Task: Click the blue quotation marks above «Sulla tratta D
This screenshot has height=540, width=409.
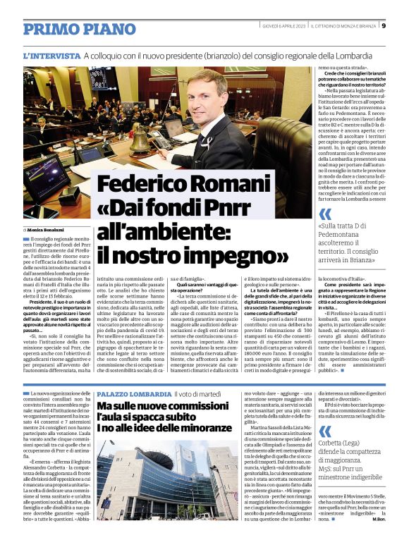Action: tap(324, 213)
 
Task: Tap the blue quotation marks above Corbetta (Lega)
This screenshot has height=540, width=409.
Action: tap(324, 411)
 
